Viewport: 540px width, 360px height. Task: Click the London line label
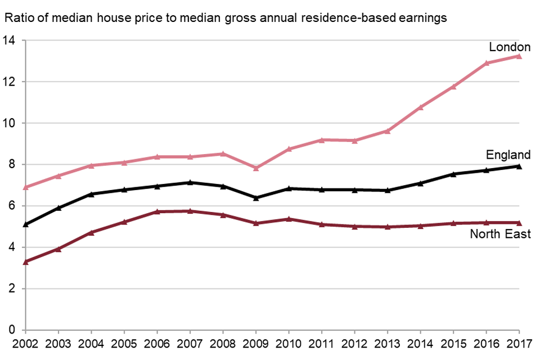510,47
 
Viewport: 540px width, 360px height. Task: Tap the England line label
508,155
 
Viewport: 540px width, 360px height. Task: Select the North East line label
500,233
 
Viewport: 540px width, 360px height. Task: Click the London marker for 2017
519,56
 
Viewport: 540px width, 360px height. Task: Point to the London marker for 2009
256,168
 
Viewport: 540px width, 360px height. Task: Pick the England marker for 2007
190,182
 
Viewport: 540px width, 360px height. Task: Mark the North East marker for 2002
26,262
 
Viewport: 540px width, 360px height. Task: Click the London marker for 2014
421,107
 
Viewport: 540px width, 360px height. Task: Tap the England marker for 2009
256,198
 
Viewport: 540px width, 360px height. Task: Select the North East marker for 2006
157,211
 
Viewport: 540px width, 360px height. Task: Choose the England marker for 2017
519,166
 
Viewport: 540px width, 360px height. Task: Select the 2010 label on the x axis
289,342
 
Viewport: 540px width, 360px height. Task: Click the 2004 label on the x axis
91,342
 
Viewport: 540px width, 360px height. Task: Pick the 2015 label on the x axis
453,342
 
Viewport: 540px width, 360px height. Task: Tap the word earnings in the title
423,18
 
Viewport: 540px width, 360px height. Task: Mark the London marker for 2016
487,63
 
